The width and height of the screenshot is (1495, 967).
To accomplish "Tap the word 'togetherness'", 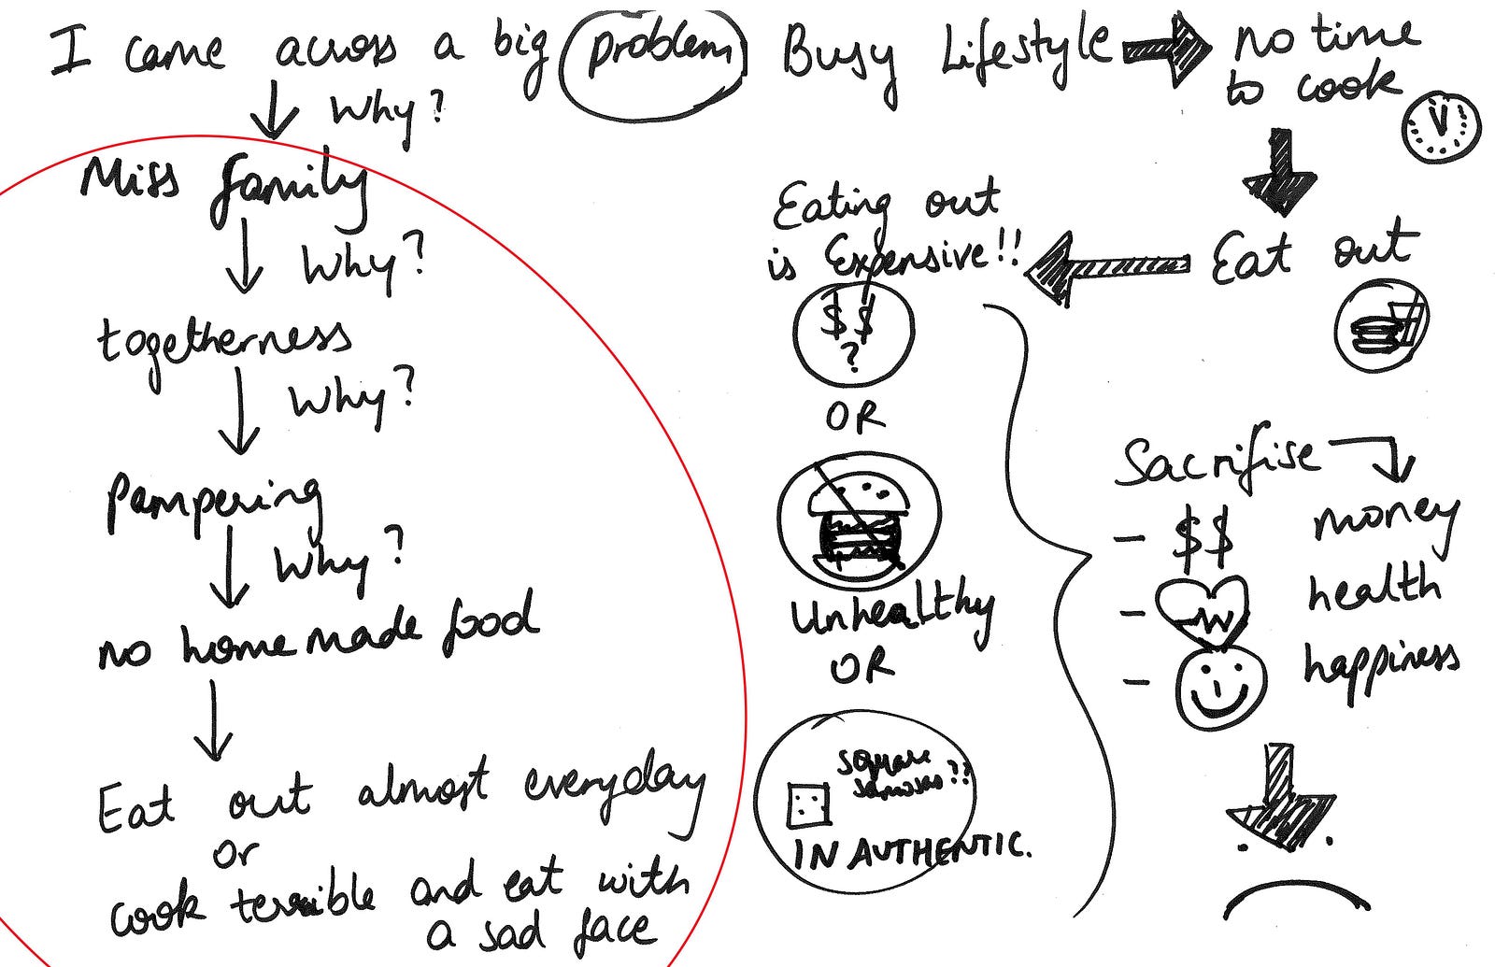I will click(x=224, y=345).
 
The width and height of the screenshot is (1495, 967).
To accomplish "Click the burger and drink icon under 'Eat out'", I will click(x=1380, y=328).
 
